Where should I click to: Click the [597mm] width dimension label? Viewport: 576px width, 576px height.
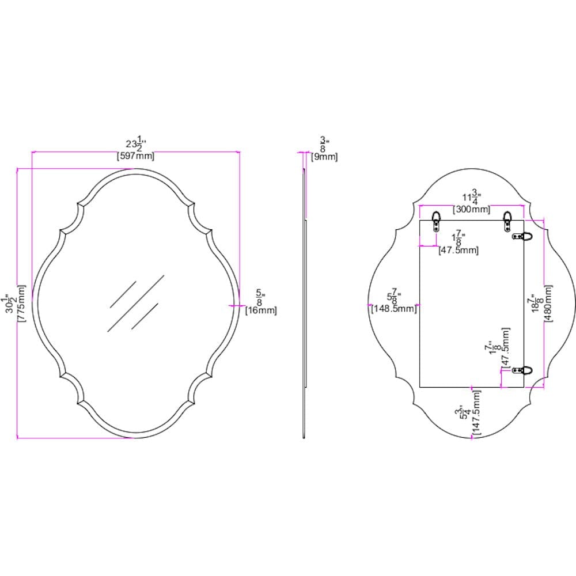[135, 156]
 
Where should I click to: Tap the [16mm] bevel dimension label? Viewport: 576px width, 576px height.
[261, 310]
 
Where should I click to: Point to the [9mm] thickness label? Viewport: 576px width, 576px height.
[324, 157]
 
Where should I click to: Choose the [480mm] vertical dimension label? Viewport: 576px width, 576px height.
[548, 304]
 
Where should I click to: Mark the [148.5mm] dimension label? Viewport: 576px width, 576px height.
[393, 309]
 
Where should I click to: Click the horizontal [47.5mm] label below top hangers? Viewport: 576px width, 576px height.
[458, 250]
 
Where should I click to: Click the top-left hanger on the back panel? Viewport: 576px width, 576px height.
[437, 219]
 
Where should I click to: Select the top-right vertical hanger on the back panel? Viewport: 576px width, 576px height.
[507, 219]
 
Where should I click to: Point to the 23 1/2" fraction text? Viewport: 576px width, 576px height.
[136, 145]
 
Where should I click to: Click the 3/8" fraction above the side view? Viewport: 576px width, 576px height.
[324, 144]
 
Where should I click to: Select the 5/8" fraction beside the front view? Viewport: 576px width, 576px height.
[260, 298]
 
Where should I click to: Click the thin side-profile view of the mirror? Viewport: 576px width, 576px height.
[304, 300]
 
